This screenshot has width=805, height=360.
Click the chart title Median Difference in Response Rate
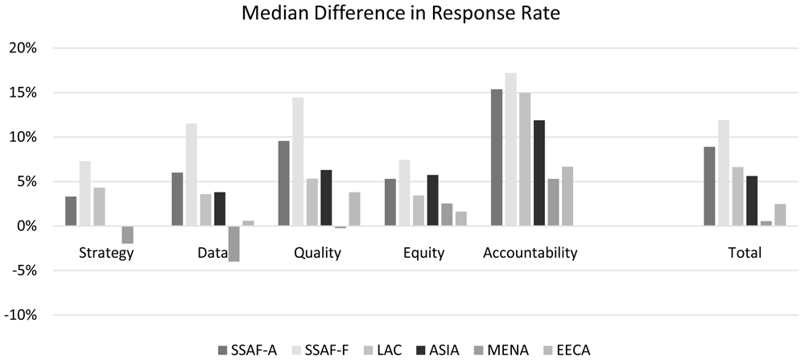coord(400,14)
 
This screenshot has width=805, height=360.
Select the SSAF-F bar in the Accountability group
coord(511,150)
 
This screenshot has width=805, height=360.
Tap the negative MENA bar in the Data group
coord(234,244)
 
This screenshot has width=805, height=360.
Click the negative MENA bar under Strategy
coord(127,234)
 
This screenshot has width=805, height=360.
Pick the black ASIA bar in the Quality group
coord(326,197)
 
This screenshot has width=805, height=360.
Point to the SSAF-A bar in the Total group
coord(709,186)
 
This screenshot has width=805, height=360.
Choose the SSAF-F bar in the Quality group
coord(298,162)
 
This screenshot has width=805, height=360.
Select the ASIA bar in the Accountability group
coord(539,173)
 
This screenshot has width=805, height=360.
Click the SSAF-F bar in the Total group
coord(724,173)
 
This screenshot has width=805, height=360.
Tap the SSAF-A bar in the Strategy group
coord(71,211)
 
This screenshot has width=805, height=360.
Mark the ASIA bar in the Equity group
coord(433,201)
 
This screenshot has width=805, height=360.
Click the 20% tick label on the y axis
coord(22,48)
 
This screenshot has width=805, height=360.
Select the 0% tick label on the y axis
coord(26,226)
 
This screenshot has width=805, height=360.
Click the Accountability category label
coord(530,253)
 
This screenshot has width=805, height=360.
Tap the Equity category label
coord(423,253)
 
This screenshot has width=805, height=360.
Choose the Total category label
coord(745,253)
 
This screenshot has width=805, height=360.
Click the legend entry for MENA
coord(505,351)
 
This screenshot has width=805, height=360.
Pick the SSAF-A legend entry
coord(248,351)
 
